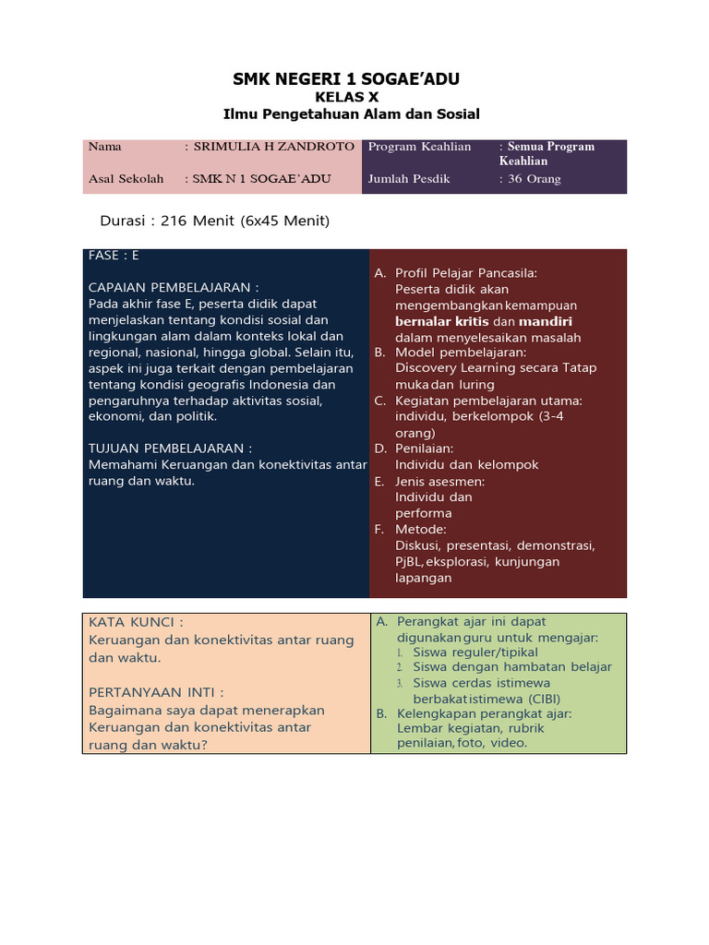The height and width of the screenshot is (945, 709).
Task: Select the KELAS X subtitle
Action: pos(346,97)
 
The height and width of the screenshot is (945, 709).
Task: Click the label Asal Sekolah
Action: pos(126,179)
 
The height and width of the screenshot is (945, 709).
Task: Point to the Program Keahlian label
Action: pos(419,147)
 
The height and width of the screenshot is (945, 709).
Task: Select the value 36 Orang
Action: pos(535,179)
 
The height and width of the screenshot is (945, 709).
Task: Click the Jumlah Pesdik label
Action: pos(409,179)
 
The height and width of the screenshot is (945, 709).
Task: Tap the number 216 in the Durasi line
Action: pos(174,221)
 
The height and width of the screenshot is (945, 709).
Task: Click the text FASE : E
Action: pos(114,255)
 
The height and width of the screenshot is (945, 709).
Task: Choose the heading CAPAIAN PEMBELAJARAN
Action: pos(173,287)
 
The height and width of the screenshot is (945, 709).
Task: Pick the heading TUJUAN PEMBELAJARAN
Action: pos(170,449)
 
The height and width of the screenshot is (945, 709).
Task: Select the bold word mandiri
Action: pos(545,322)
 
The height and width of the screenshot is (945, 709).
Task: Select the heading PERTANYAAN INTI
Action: pos(156,692)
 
